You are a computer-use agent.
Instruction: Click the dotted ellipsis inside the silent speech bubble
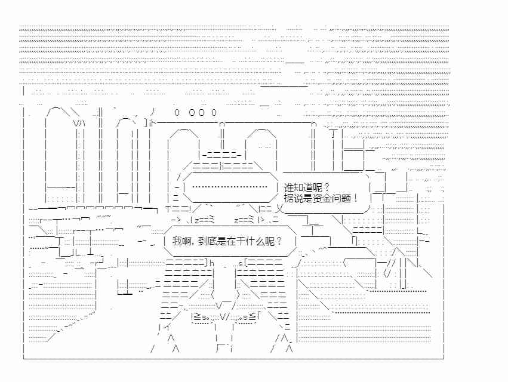click(229, 187)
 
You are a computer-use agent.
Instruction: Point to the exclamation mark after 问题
click(356, 198)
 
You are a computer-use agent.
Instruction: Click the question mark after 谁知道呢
click(327, 187)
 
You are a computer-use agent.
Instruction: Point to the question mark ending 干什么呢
click(279, 241)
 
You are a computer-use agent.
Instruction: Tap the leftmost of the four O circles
click(177, 112)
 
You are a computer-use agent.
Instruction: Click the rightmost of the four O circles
click(214, 112)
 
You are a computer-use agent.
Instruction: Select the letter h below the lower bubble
click(212, 263)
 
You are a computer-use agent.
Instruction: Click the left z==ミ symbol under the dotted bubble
click(205, 220)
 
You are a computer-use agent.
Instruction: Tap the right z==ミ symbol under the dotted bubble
click(244, 220)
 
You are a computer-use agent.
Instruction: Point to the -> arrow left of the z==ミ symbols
click(178, 220)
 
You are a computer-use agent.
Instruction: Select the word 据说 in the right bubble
click(294, 198)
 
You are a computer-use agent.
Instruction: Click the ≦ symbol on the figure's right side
click(253, 317)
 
